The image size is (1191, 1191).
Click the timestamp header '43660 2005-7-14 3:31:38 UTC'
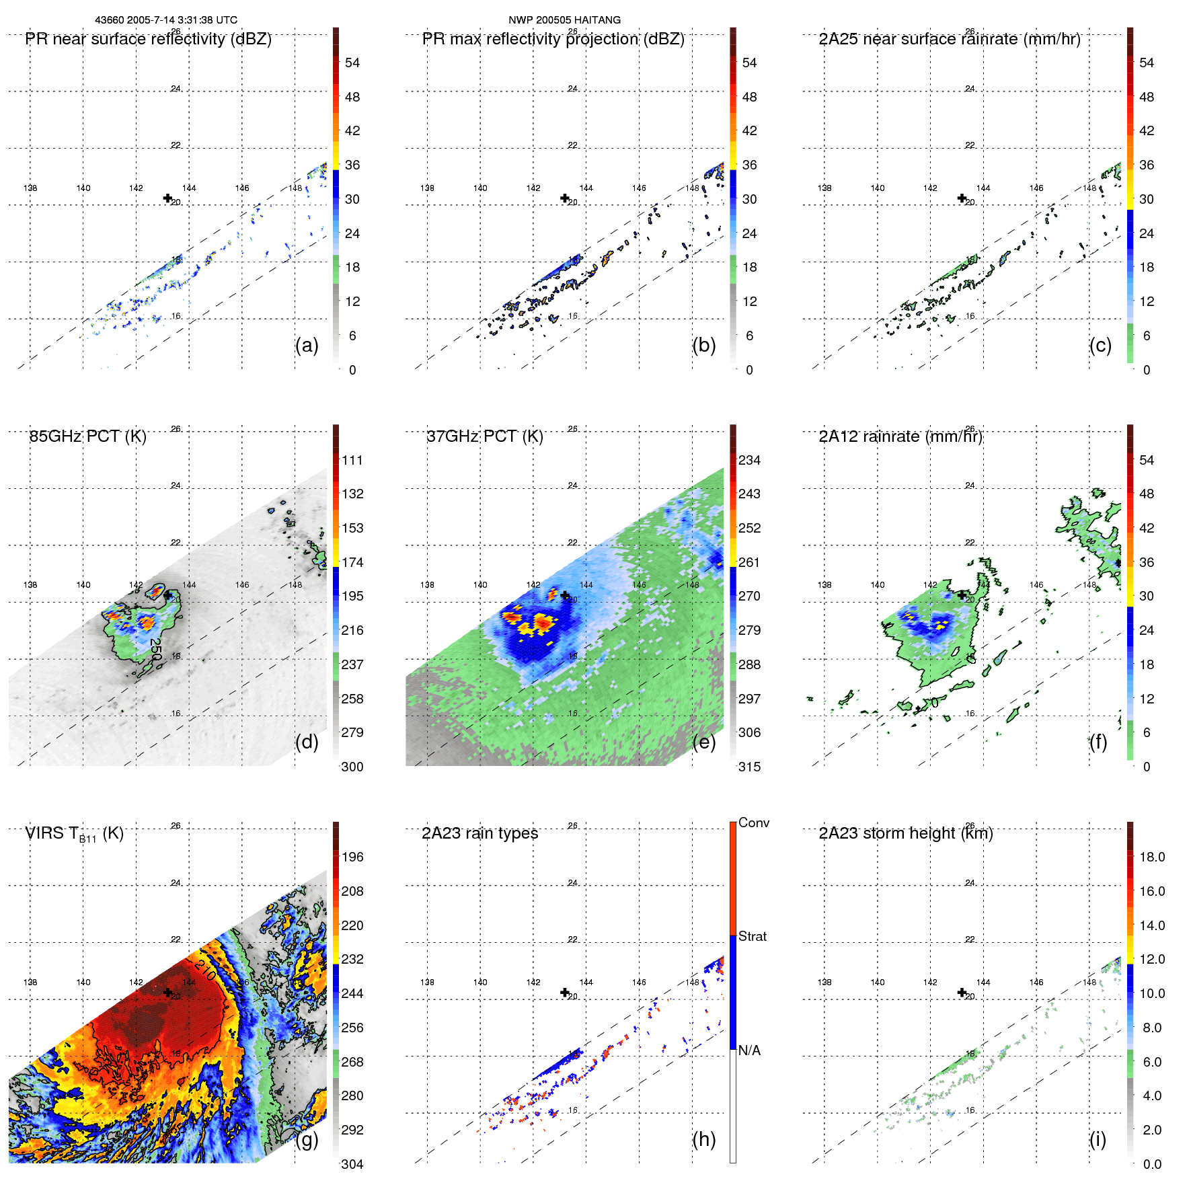pos(165,20)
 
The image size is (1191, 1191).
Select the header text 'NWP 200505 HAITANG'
pos(564,20)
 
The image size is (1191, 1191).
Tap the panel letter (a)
pos(307,345)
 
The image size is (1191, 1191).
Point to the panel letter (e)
pos(703,742)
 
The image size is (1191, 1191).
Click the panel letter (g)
pos(307,1139)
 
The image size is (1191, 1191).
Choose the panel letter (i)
pos(1098,1139)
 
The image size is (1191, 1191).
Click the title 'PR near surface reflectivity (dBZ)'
pos(148,39)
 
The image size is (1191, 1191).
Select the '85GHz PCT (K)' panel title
pos(87,436)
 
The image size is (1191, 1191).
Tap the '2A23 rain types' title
pos(479,833)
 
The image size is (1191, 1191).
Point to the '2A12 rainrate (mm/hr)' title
pos(900,436)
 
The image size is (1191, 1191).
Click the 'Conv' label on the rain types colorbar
pos(753,823)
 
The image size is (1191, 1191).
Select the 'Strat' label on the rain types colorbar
pos(752,937)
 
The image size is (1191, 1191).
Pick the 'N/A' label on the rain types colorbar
pos(749,1050)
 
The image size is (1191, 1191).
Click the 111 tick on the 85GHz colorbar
pos(352,461)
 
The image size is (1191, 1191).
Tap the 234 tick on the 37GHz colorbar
pos(749,461)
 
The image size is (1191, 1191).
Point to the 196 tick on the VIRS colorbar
pos(352,857)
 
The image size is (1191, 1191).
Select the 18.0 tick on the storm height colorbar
pos(1151,857)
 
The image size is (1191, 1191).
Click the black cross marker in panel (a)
pos(167,198)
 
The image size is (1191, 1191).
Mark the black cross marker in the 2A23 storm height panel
pos(962,993)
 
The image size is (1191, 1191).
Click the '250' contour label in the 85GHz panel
pos(155,649)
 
